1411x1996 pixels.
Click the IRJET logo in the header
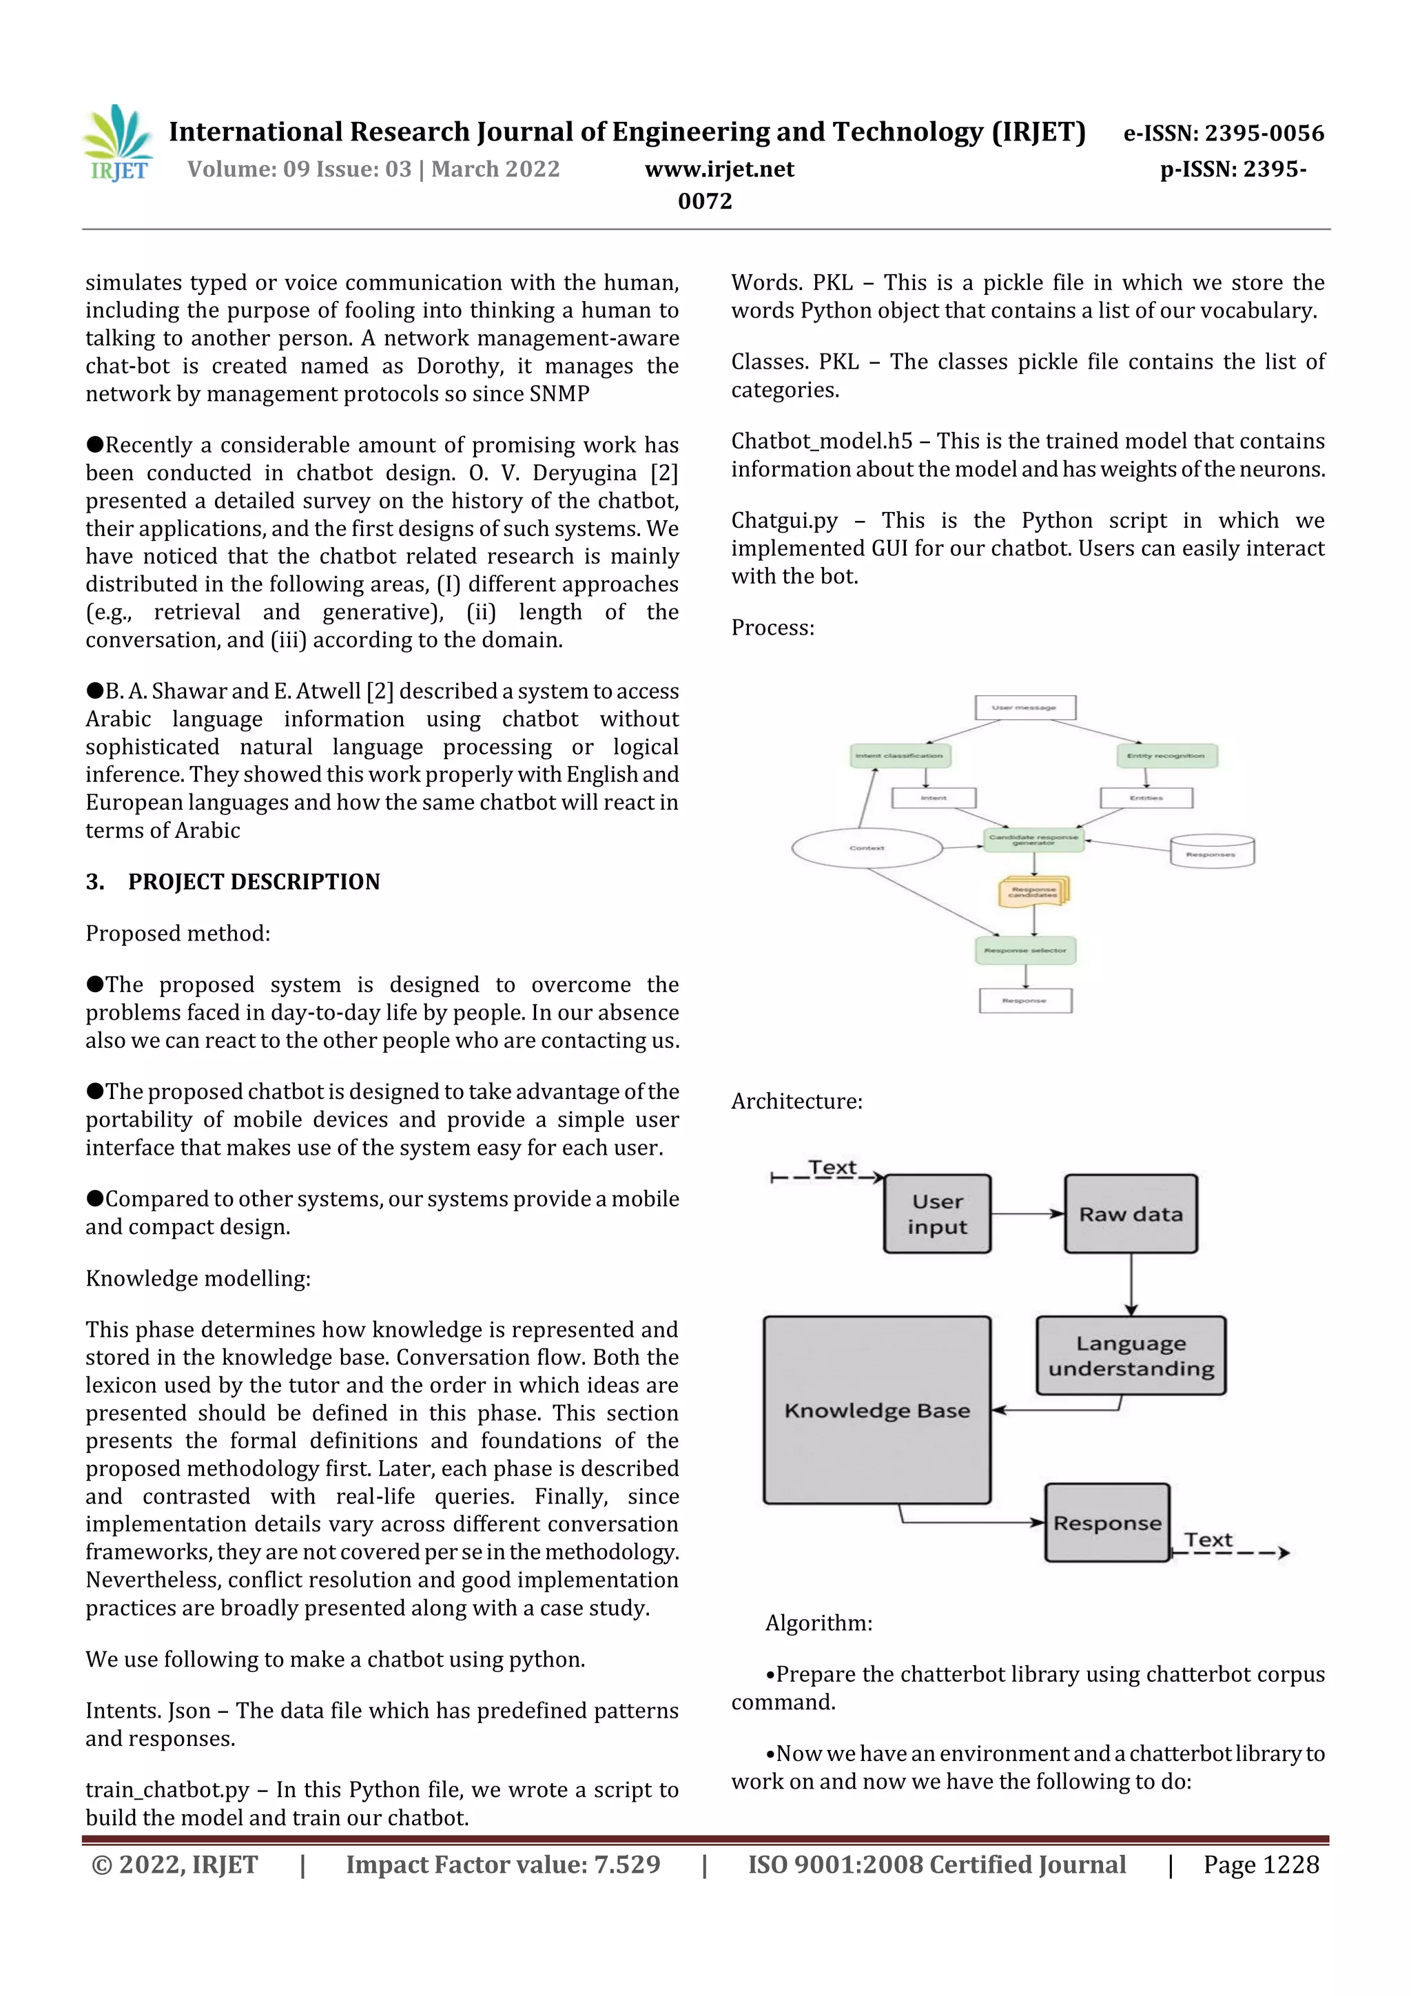pos(119,143)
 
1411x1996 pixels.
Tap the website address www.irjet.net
pos(719,169)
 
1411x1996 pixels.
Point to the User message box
pos(1025,707)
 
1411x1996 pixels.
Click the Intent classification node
pos(900,755)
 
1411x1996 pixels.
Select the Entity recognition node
pos(1166,755)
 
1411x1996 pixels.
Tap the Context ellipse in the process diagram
pos(867,847)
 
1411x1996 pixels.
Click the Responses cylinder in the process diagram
pos(1211,851)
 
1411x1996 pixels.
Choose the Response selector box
pos(1025,950)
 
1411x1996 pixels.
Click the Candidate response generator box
pos(1033,840)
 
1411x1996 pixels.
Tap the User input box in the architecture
pos(937,1213)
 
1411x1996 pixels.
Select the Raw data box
pos(1130,1213)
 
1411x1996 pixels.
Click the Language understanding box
pos(1130,1355)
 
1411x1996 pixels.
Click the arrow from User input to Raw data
pos(1028,1213)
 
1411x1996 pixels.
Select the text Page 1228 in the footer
pos(1261,1864)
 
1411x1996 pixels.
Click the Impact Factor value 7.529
pos(502,1864)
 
